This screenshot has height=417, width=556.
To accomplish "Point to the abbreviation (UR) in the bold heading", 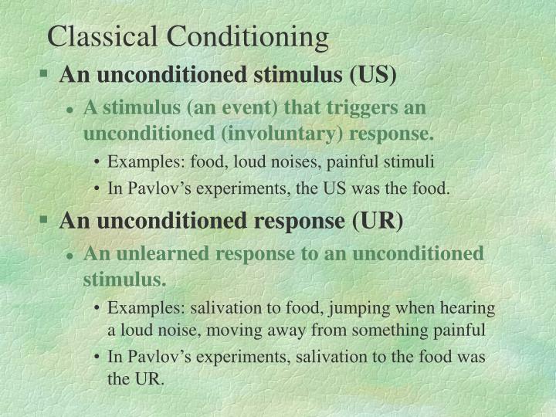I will click(x=378, y=221).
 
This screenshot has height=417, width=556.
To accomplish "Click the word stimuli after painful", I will click(x=413, y=162).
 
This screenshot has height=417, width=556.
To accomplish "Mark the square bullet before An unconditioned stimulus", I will click(x=45, y=76).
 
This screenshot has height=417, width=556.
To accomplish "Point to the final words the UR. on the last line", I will click(x=137, y=381).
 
